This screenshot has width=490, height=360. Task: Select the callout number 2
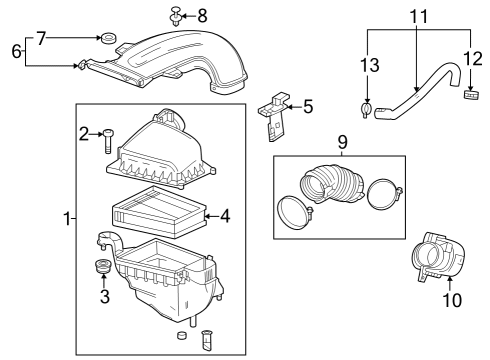point(84,132)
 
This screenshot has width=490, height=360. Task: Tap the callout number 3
point(102,296)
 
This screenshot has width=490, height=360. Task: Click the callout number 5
point(308,104)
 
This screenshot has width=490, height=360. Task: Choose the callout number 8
point(202,15)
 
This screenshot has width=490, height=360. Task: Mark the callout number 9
point(342,142)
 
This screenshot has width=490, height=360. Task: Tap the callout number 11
point(417,16)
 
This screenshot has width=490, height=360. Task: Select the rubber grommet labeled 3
point(101,269)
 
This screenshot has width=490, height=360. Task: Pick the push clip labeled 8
point(175,15)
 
